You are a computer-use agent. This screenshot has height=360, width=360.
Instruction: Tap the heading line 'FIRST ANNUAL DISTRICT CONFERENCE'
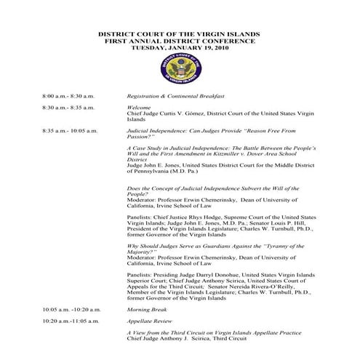click(180, 41)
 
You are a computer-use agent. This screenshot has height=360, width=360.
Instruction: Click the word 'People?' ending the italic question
click(137, 195)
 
